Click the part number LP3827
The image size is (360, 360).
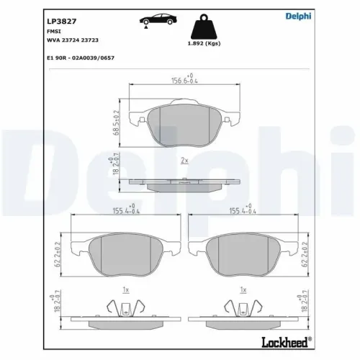coord(61,22)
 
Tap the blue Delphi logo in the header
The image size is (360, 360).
coord(298,16)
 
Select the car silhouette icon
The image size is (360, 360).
coord(158,20)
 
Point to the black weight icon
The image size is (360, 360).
coord(204,27)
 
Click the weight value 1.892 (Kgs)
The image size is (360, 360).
coord(204,43)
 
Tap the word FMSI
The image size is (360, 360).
coord(54,32)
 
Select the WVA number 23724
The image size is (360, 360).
coord(71,40)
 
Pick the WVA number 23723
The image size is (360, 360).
coord(90,40)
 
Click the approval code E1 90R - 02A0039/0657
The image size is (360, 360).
coord(81,58)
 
